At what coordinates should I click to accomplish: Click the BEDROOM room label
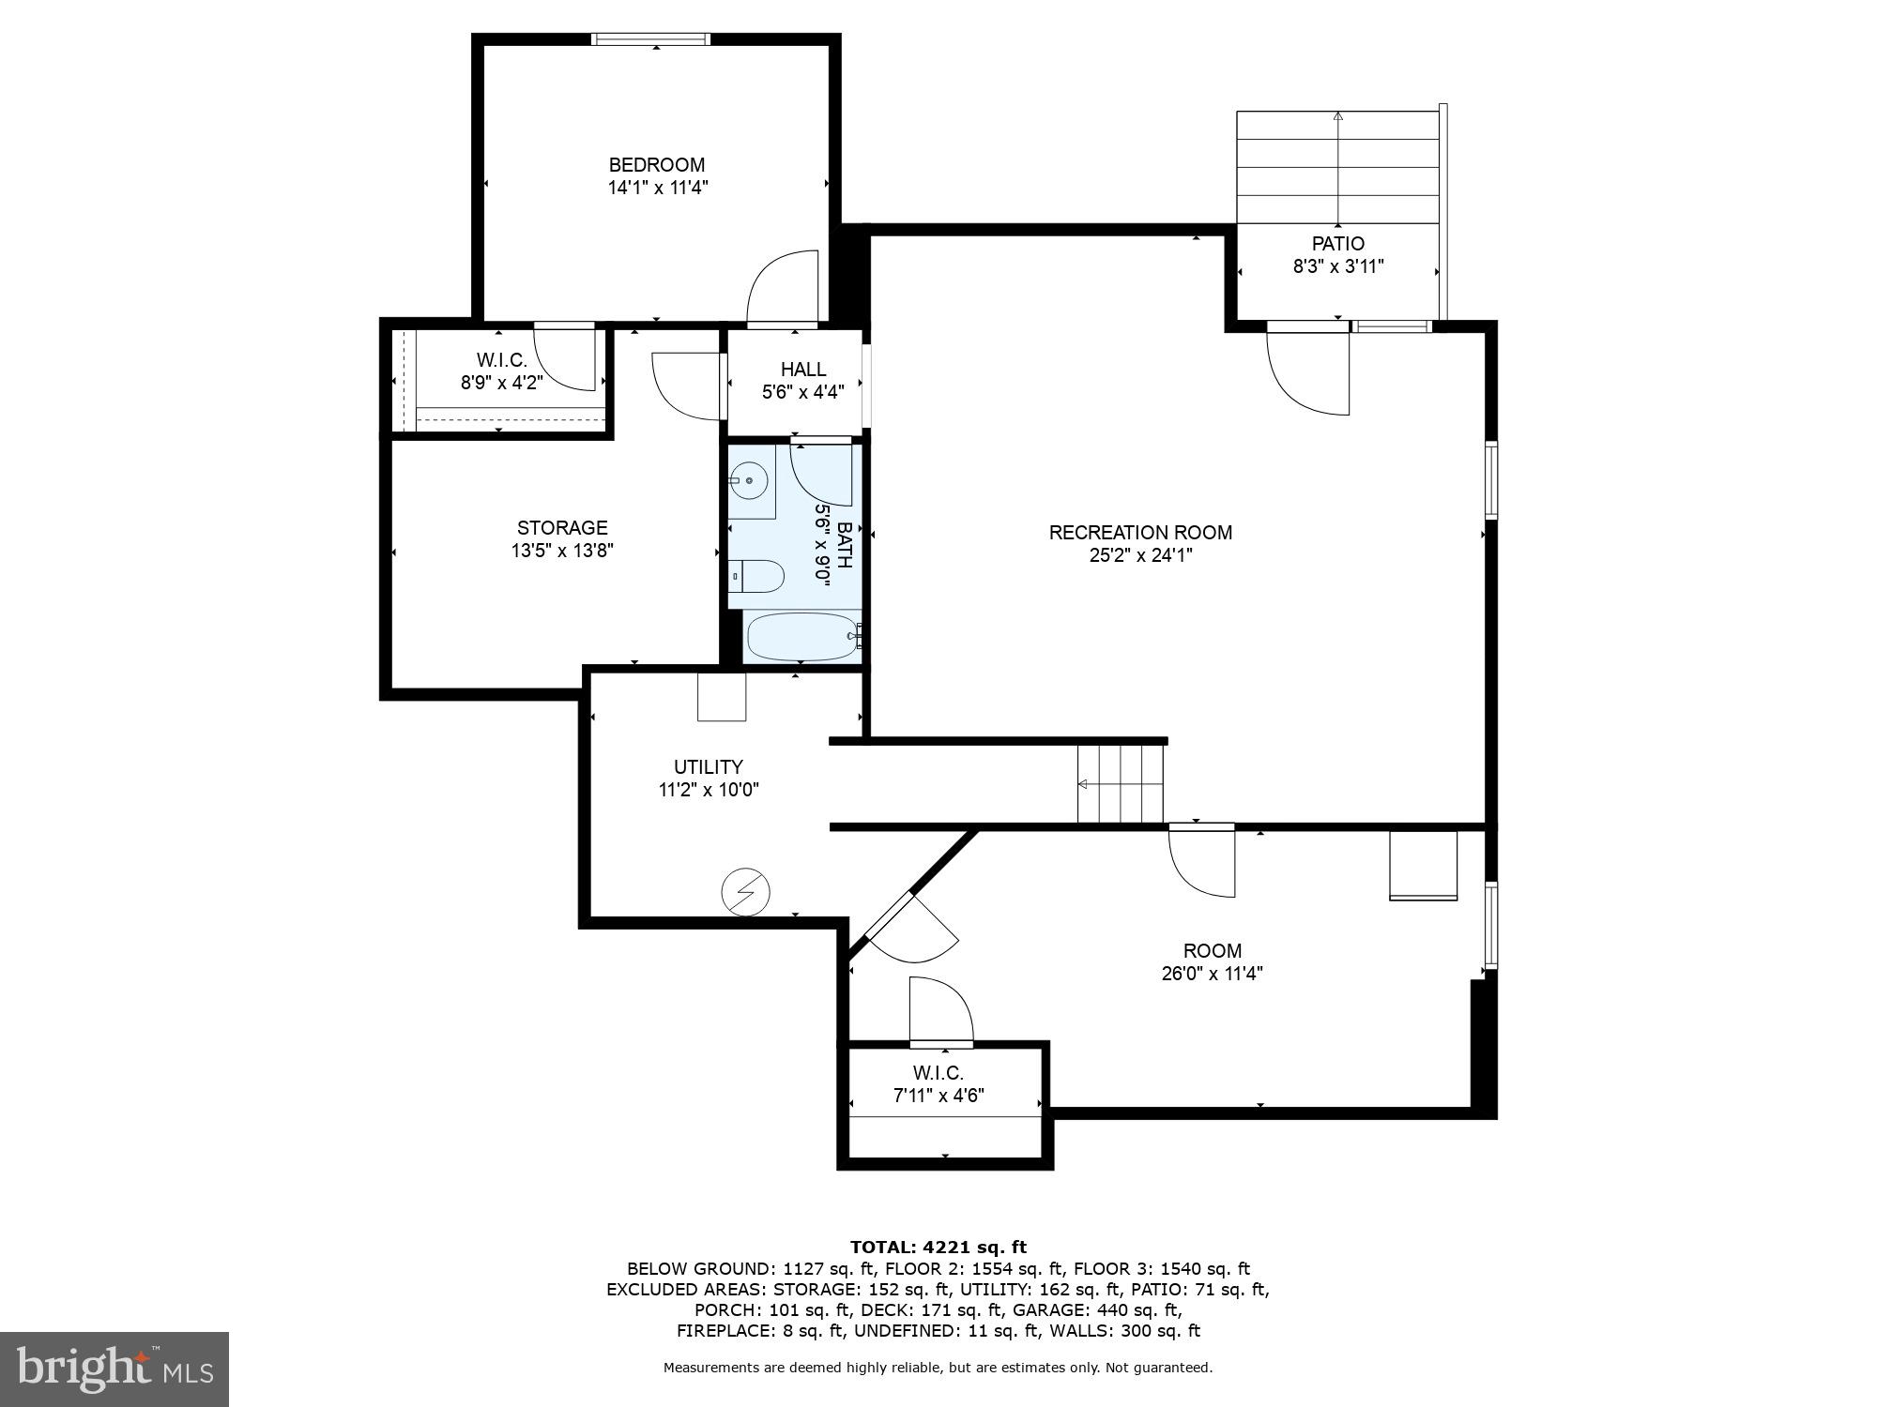656,165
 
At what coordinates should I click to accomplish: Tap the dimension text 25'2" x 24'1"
1140,555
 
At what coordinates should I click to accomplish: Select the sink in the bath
750,482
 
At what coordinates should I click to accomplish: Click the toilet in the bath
756,577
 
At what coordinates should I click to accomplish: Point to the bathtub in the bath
802,637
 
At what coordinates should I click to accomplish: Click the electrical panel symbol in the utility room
745,892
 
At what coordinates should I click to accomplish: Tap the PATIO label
1337,244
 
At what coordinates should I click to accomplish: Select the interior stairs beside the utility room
1120,783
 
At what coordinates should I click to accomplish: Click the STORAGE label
562,528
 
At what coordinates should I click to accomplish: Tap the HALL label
803,370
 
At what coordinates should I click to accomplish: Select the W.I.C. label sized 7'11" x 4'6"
938,1073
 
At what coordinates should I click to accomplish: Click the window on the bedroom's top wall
650,39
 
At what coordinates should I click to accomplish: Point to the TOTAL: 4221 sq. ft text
938,1248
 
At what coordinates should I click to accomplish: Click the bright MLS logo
114,1369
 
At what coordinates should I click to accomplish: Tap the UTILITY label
708,767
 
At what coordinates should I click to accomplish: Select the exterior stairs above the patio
1337,167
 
